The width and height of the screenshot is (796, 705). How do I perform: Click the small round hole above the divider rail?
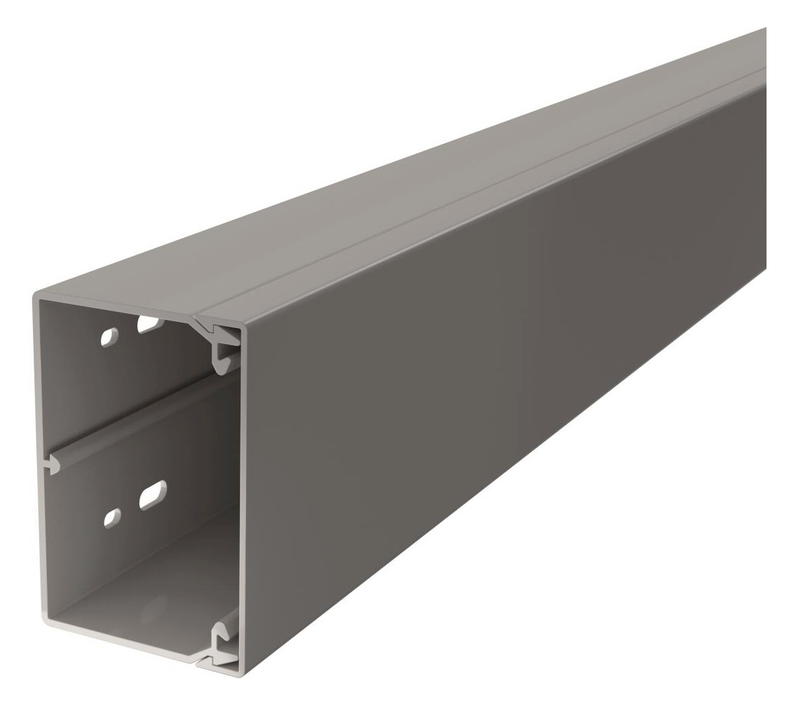pyautogui.click(x=107, y=337)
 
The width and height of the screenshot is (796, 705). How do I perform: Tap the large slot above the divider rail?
pyautogui.click(x=148, y=325)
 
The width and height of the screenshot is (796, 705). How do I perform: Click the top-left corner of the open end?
pyautogui.click(x=35, y=294)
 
